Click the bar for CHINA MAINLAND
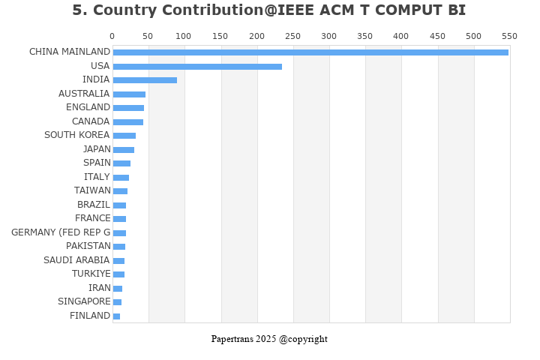tap(310, 52)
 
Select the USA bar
tap(197, 67)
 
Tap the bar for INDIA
tap(145, 80)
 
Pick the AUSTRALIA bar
tap(129, 94)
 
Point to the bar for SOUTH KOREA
tap(124, 136)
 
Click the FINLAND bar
tap(116, 316)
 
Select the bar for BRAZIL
tap(119, 205)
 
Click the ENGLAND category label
tap(88, 107)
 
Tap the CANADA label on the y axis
tap(91, 121)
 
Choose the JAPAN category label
tap(97, 149)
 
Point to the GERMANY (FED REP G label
tap(61, 232)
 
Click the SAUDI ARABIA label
tap(76, 260)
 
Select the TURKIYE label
tap(91, 274)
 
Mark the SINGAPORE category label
tap(84, 301)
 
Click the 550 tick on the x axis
tap(509, 36)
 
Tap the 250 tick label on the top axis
tap(292, 36)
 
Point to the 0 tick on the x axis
tap(112, 36)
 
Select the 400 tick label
tap(401, 36)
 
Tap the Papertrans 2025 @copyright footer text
tap(269, 339)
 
